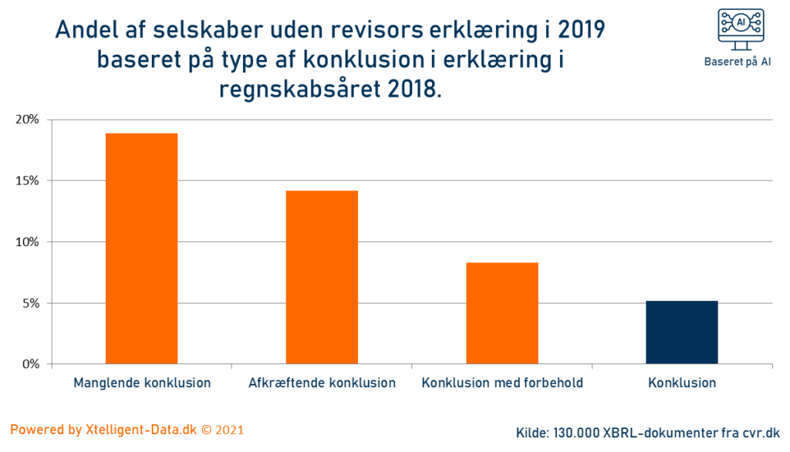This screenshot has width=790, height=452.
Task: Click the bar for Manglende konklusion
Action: click(x=141, y=248)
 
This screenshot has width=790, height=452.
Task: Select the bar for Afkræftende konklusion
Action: click(x=322, y=277)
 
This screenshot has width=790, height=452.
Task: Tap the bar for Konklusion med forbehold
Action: click(x=502, y=313)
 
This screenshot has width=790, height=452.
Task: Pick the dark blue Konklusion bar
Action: click(x=682, y=332)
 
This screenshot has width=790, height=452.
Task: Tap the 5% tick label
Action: click(x=31, y=303)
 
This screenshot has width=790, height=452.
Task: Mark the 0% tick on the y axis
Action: click(x=31, y=364)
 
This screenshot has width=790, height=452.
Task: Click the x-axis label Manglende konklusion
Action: click(x=141, y=383)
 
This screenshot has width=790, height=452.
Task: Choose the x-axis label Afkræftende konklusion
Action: click(x=322, y=383)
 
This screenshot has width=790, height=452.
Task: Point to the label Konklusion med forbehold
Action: click(x=502, y=383)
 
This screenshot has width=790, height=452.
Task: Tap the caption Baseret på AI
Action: click(x=738, y=62)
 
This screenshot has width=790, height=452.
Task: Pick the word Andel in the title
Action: click(x=86, y=30)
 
